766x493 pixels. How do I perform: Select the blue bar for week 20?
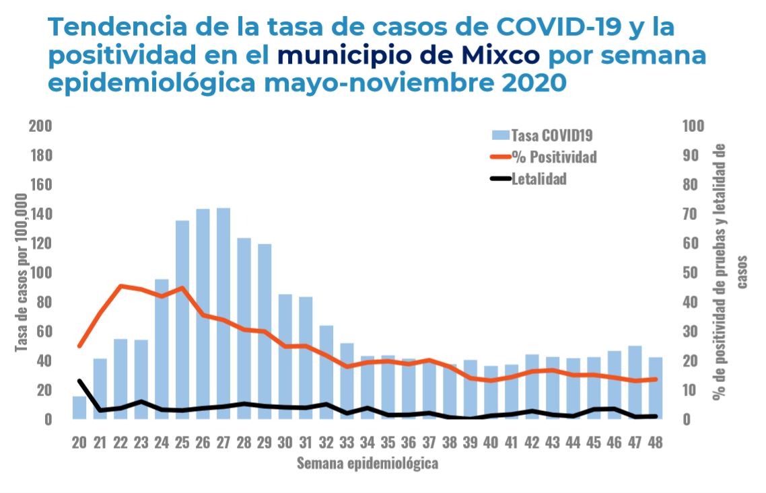click(79, 408)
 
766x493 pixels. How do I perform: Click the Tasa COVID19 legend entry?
click(543, 135)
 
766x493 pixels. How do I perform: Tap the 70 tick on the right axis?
click(693, 214)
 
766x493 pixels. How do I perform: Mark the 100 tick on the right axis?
click(693, 126)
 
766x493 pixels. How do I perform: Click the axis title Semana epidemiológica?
click(368, 463)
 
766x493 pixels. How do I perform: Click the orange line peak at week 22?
click(120, 286)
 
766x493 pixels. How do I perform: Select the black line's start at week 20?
click(79, 381)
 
